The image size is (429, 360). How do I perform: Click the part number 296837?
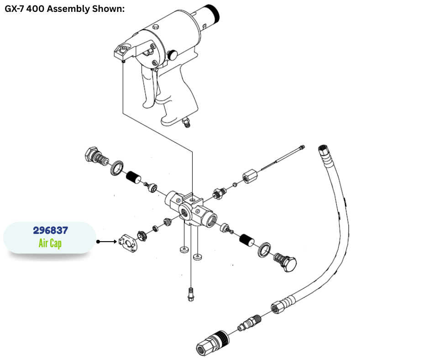click(50, 231)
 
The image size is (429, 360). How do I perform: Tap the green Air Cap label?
click(50, 243)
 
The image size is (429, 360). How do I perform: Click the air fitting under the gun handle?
click(186, 122)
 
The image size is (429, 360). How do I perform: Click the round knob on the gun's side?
click(173, 54)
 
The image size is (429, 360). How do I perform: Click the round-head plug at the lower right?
click(287, 263)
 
